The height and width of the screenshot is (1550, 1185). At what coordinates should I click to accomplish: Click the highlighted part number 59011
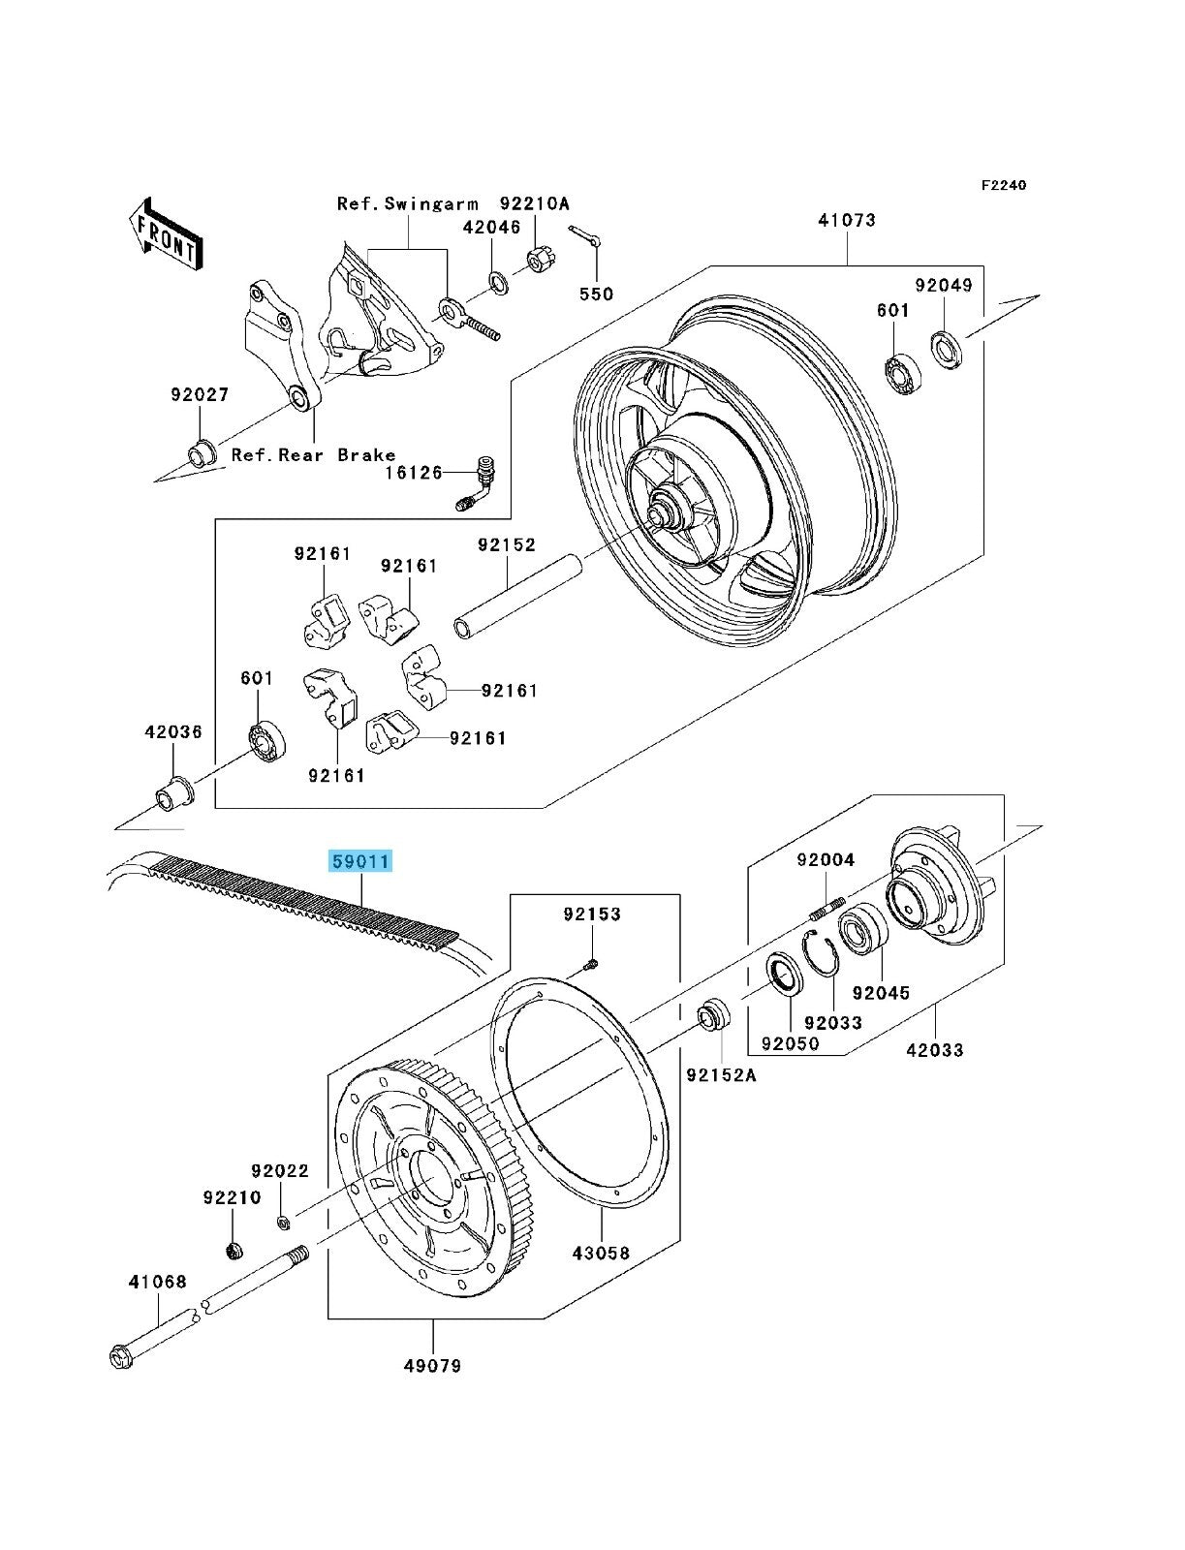(x=360, y=861)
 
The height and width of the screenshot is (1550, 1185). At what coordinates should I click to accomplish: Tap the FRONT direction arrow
(x=167, y=238)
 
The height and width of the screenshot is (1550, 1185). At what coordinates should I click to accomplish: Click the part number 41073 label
(x=846, y=221)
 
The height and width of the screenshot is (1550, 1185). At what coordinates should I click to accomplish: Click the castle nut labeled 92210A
(x=539, y=262)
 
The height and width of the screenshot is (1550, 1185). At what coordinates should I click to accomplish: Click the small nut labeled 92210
(x=233, y=1251)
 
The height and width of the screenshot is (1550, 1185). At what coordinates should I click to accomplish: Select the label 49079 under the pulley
(x=433, y=1366)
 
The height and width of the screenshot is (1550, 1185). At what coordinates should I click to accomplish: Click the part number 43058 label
(x=600, y=1253)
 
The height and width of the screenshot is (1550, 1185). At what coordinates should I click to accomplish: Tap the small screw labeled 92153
(x=592, y=963)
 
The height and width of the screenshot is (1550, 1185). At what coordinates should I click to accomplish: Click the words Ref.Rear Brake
(x=313, y=454)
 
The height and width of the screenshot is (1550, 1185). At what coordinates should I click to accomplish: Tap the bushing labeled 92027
(x=201, y=452)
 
